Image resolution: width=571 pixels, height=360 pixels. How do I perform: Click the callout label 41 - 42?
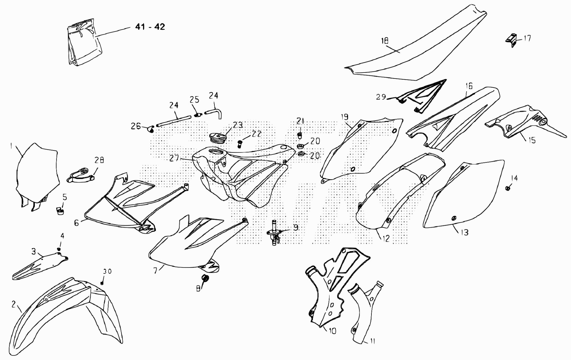coord(150,27)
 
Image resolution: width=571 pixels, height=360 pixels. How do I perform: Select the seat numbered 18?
coord(416,51)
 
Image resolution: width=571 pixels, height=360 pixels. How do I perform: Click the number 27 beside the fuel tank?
coord(174,158)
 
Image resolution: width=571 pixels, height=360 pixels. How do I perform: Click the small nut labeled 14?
coord(508,188)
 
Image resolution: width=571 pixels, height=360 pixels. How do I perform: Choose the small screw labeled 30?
coord(102,283)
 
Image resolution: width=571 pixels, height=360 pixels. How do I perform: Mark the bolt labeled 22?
coord(239,144)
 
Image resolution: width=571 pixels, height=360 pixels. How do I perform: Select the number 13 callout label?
coord(464,232)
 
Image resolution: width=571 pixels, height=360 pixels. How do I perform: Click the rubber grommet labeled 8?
coord(205,279)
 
